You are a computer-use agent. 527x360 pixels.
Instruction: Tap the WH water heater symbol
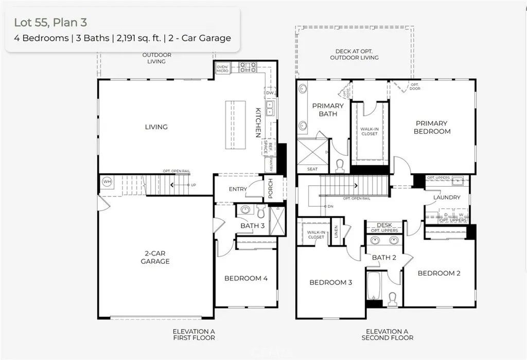click(107, 182)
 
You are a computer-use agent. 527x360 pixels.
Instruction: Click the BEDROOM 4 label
click(245, 278)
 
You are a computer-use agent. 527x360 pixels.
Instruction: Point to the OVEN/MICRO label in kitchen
click(222, 68)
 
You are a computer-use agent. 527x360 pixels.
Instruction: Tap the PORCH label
click(270, 189)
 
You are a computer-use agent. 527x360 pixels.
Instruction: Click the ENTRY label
click(238, 189)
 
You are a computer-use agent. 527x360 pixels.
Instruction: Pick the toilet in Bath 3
click(260, 211)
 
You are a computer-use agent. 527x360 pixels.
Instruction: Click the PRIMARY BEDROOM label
click(432, 127)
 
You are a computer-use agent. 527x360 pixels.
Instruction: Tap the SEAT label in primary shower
click(312, 169)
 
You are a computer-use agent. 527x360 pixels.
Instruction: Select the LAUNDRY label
click(446, 197)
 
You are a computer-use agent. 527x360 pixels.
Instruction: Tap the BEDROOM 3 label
click(330, 282)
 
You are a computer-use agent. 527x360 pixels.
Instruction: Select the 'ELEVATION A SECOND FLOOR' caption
click(387, 334)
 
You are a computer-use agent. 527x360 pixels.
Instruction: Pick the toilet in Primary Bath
click(339, 165)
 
